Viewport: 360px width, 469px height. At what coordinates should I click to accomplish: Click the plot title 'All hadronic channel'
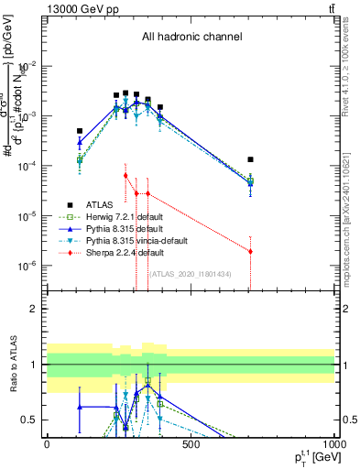coord(191,38)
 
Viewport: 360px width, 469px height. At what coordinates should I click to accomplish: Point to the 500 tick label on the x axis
coord(191,445)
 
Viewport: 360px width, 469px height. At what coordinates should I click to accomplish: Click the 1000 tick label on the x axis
coord(332,445)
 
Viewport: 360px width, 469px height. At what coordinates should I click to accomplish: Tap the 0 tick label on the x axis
coord(47,445)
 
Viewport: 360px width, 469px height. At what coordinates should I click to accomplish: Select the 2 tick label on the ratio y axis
coord(34,309)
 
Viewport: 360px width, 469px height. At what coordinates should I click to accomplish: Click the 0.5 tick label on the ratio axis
coord(30,420)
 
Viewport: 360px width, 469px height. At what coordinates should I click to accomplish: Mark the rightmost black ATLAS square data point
coord(250,159)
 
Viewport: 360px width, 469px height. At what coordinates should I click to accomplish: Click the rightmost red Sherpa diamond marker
coord(250,251)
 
